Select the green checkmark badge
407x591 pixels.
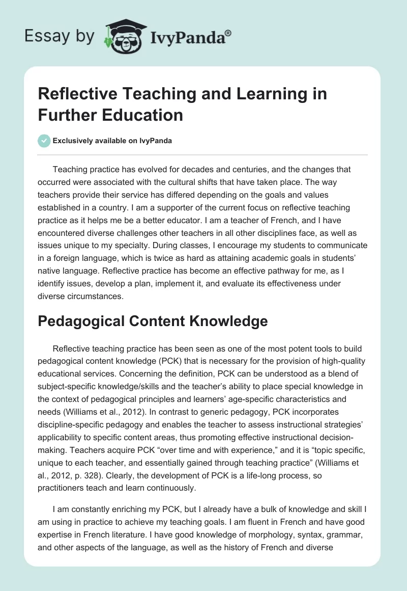tap(44, 141)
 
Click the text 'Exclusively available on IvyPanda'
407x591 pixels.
tap(112, 141)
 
